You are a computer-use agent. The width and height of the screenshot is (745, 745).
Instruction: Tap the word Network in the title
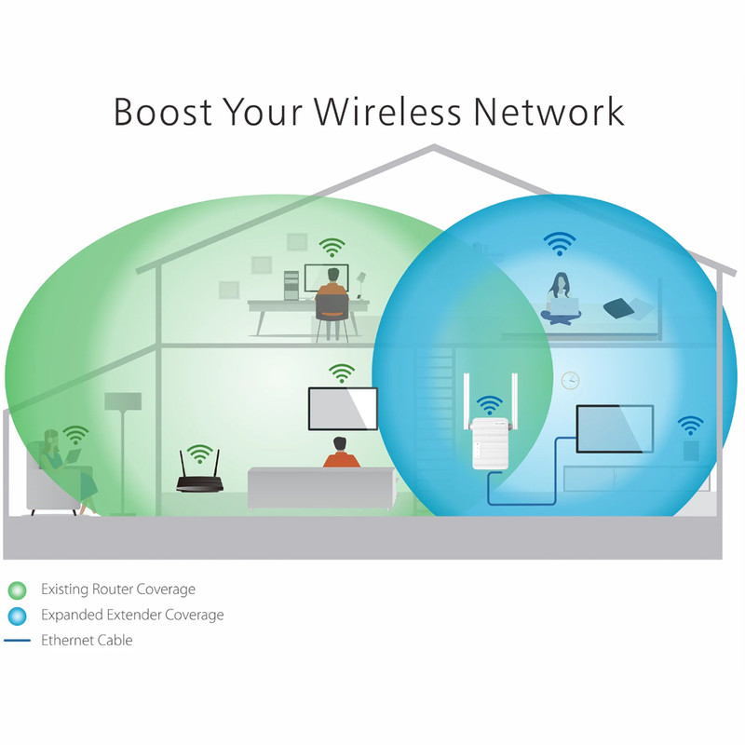point(549,112)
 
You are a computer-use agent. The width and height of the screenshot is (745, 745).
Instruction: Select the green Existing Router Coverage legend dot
point(18,590)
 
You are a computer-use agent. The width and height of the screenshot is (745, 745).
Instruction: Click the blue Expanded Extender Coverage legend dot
point(18,616)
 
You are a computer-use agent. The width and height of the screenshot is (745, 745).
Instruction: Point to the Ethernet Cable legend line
point(17,641)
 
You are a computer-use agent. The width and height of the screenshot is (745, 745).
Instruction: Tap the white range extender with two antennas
point(491,432)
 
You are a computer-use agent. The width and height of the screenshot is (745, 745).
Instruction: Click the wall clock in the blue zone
point(570,381)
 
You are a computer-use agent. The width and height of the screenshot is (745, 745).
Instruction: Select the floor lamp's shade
point(123,401)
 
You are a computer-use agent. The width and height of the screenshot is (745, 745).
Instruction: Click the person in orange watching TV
point(341,453)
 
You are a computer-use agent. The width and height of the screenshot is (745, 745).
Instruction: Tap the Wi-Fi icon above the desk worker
point(332,247)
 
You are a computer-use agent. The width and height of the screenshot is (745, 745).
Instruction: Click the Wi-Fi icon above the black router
point(199,454)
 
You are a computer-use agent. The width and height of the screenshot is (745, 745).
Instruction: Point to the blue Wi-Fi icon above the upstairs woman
point(560,244)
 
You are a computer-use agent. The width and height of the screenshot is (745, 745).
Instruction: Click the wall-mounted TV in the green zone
point(343,409)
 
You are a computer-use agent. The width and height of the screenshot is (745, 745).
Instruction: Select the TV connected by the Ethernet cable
point(615,429)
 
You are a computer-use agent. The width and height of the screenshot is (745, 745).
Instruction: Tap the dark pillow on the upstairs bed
point(618,308)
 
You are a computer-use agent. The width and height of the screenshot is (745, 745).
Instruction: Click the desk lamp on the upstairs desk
point(360,284)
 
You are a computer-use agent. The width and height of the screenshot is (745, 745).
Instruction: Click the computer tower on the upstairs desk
point(291,285)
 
